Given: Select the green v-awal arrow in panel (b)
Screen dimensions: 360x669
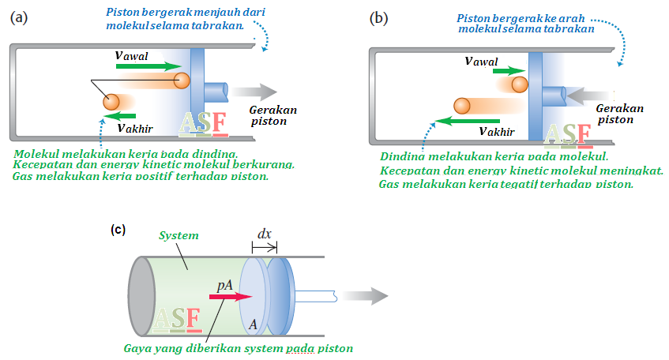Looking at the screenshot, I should [x=505, y=71].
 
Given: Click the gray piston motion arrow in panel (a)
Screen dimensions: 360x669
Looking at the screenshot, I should [x=254, y=92].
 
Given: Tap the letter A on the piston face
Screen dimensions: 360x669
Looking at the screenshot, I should [x=253, y=322].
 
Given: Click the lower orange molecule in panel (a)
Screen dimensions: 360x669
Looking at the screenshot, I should [x=111, y=102].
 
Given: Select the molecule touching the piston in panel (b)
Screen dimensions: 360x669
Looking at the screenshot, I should [x=520, y=84].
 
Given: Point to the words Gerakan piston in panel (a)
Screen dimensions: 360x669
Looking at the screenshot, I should [x=272, y=115].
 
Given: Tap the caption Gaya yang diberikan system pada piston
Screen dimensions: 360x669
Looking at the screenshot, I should [x=238, y=347].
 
